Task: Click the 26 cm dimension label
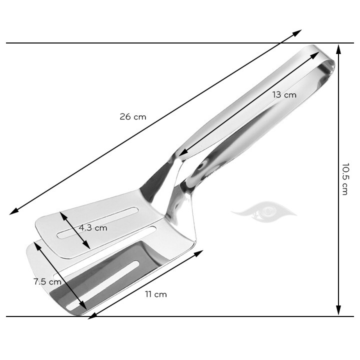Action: [132, 116]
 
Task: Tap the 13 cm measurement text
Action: [284, 94]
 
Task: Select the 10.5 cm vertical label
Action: [344, 178]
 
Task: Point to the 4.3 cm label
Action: [93, 228]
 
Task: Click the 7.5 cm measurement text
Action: [47, 281]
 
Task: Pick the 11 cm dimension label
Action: [156, 294]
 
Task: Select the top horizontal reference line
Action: [150, 43]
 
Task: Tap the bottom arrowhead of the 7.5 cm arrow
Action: [83, 306]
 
